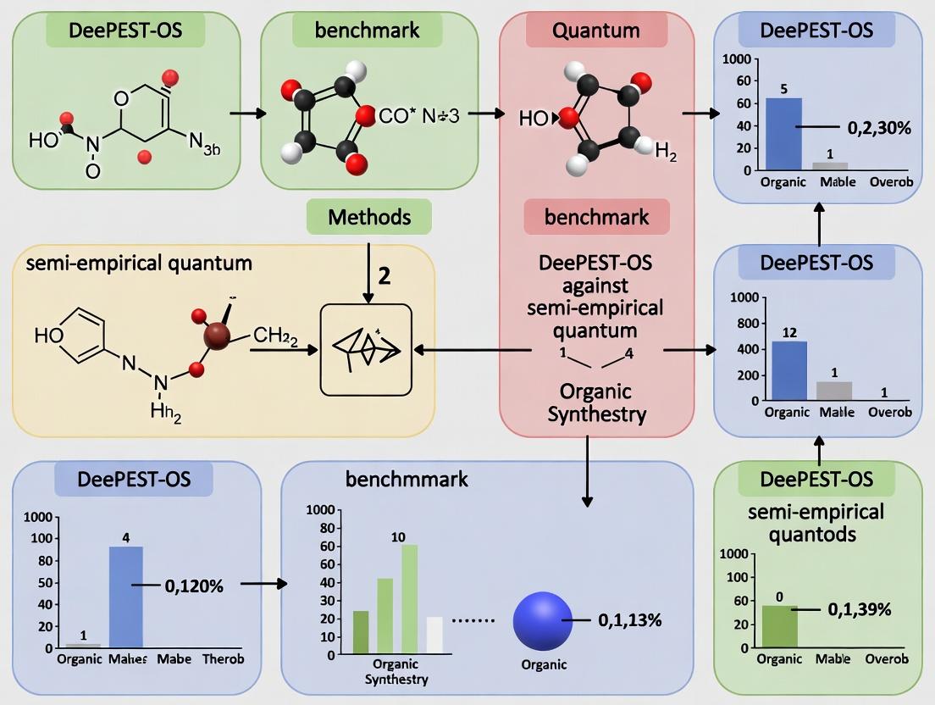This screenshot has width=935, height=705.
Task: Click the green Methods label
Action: pos(369,217)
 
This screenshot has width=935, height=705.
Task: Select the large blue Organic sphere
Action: pos(543,621)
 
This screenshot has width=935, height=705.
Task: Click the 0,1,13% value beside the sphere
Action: pos(629,620)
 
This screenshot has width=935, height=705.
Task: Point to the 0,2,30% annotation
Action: pos(878,128)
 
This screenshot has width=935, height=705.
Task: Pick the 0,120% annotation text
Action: pos(193,586)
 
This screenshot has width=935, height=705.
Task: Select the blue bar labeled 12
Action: pos(789,370)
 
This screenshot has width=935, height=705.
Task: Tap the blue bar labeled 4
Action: pos(126,597)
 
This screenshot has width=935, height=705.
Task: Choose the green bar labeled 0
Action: pos(780,626)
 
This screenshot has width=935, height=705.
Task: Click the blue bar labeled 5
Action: pos(783,134)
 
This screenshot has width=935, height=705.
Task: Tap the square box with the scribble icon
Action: pos(366,349)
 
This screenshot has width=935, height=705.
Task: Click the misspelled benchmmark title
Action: pos(407,480)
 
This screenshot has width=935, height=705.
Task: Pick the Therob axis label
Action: pos(223,659)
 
